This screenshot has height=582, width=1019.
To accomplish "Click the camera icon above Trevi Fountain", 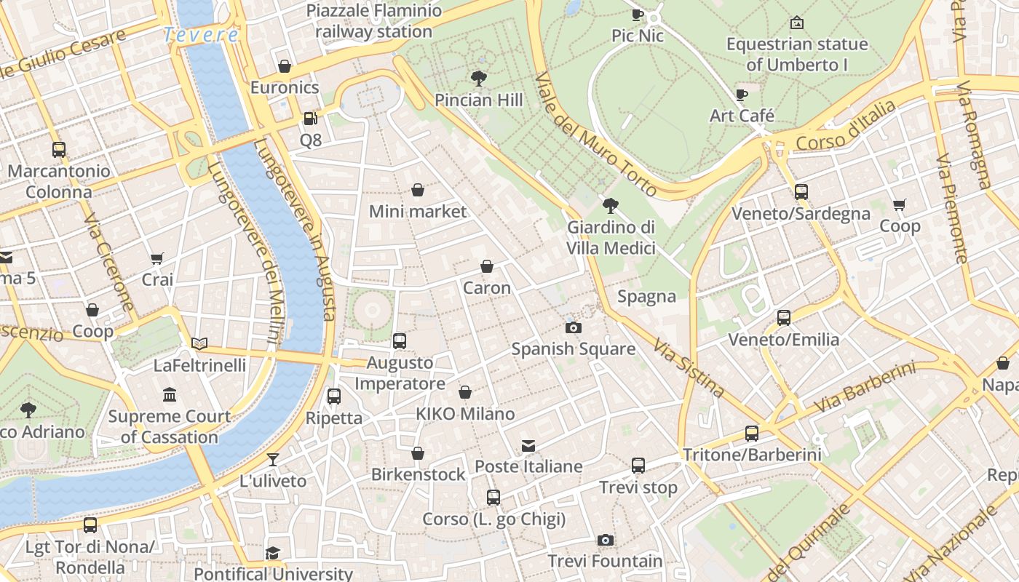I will tap(605, 540).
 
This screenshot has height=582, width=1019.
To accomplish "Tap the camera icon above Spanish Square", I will tap(574, 327).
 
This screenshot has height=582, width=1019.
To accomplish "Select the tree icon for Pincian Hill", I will tap(479, 78).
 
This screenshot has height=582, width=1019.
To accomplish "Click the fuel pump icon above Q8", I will tap(310, 118).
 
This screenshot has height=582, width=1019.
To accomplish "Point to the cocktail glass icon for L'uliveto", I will tap(273, 459).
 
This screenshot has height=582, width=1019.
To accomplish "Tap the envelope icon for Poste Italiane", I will tap(528, 445).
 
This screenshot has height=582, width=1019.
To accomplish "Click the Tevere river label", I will tap(201, 34).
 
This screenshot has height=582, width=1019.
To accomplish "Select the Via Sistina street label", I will tap(689, 367).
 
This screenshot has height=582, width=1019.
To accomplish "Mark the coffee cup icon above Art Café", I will tap(742, 95).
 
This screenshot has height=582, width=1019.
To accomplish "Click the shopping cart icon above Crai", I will tap(157, 258).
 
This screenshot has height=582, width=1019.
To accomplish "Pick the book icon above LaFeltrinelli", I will tap(199, 343).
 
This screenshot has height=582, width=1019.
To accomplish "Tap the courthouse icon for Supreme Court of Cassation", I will tap(170, 395).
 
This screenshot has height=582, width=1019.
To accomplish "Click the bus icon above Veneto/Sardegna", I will tap(801, 192).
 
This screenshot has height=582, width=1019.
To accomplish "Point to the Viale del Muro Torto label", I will tap(596, 135).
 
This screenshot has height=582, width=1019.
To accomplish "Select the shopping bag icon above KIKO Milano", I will tap(465, 393).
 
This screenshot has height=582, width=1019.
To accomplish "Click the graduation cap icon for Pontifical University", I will tap(273, 553).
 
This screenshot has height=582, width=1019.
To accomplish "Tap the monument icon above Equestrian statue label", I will tap(797, 23).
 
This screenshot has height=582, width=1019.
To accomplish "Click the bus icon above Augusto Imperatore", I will tap(399, 340).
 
